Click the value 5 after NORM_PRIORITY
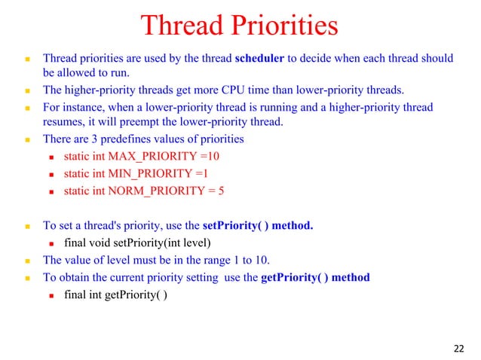pos(221,191)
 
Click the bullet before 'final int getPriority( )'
pos(52,294)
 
